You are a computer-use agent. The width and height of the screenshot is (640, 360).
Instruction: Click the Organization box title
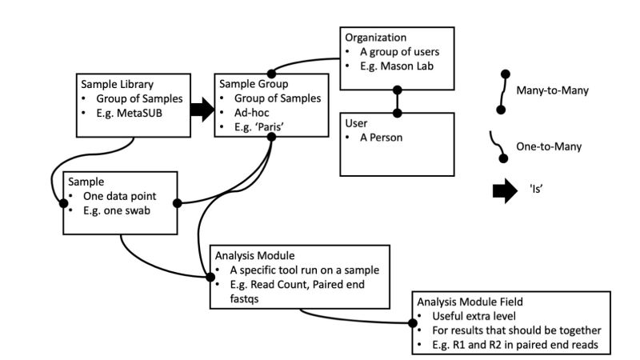tap(375, 38)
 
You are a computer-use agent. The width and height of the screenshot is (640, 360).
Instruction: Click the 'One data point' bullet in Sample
tap(122, 197)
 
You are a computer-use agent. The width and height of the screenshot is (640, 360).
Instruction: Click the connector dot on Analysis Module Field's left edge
tap(414, 324)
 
